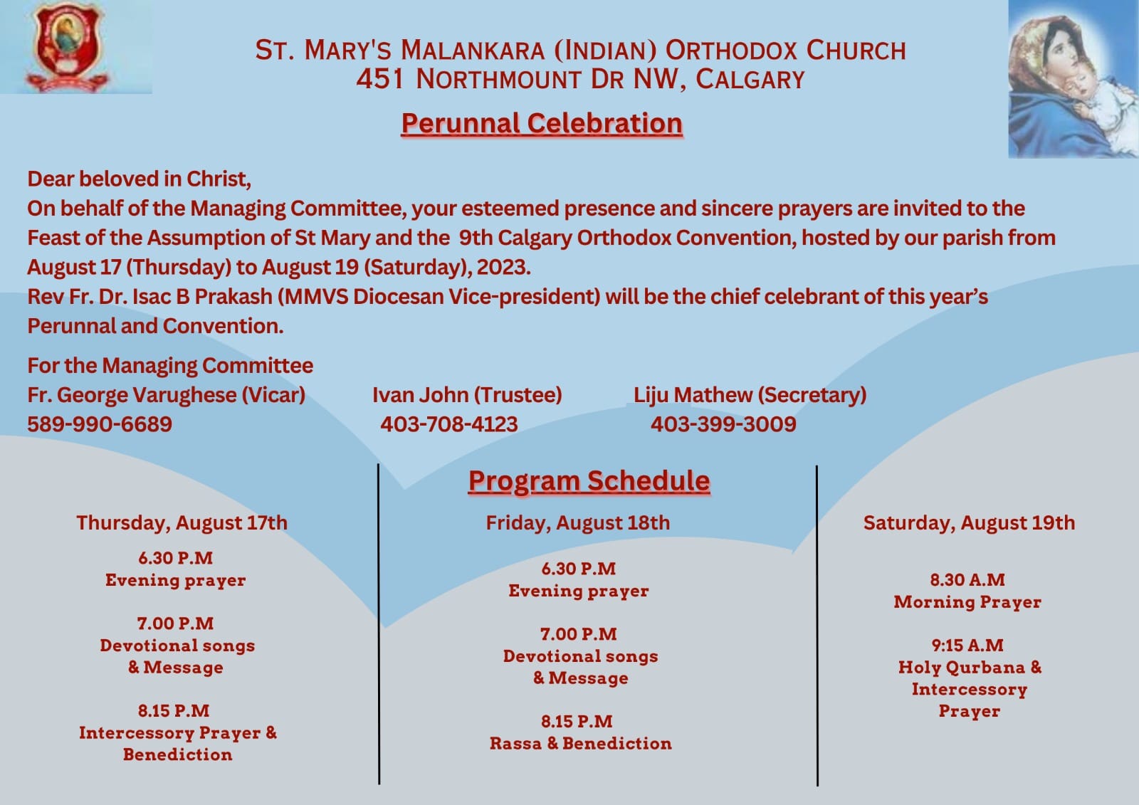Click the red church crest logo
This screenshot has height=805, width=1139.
[x=67, y=47]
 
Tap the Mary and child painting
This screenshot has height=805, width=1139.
[x=1074, y=79]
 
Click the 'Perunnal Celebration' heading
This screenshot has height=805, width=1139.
[x=542, y=124]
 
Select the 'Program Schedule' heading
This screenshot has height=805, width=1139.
[x=589, y=481]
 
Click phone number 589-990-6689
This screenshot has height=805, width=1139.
[x=100, y=424]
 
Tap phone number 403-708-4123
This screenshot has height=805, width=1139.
[x=449, y=424]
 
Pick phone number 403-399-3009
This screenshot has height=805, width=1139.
[x=723, y=424]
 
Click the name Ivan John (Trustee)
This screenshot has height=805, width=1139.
[x=467, y=395]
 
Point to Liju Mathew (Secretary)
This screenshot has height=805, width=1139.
[x=750, y=395]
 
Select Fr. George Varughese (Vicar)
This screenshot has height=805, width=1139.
[x=167, y=395]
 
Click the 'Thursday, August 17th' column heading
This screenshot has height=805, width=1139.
[x=182, y=522]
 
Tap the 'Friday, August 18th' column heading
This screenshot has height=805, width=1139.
[x=577, y=522]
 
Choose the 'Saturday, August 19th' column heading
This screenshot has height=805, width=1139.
[x=969, y=522]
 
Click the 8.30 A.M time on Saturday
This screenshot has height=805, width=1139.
[x=967, y=579]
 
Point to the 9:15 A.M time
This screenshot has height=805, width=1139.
[x=967, y=646]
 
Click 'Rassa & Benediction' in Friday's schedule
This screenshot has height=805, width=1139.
[x=581, y=744]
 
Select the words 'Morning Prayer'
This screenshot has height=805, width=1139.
[x=967, y=602]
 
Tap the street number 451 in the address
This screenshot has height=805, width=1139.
[x=379, y=79]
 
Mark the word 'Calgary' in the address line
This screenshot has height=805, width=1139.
[x=750, y=80]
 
